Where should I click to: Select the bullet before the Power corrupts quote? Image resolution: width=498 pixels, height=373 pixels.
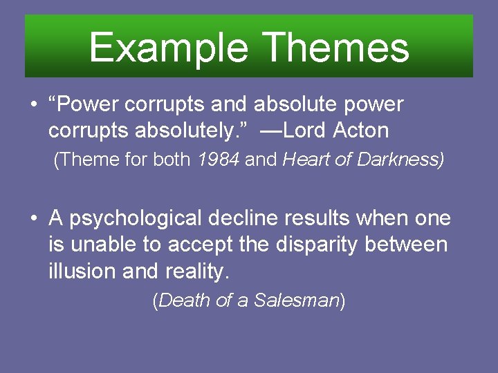[33, 106]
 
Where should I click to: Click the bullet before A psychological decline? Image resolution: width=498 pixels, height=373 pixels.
[33, 220]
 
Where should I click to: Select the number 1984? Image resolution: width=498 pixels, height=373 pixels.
[219, 160]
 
